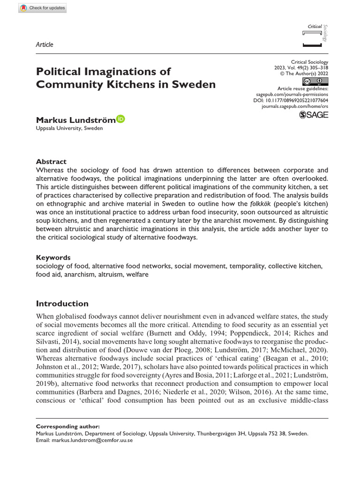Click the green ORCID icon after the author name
tap(120, 120)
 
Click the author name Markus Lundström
tap(75, 120)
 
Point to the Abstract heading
tap(51, 161)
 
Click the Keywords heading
tap(53, 257)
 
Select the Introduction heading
tap(62, 303)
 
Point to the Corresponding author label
tap(67, 427)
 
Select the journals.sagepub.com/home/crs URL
tap(294, 107)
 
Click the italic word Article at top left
tap(45, 45)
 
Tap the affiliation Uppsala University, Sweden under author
tap(69, 128)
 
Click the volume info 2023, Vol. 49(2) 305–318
tap(301, 68)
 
